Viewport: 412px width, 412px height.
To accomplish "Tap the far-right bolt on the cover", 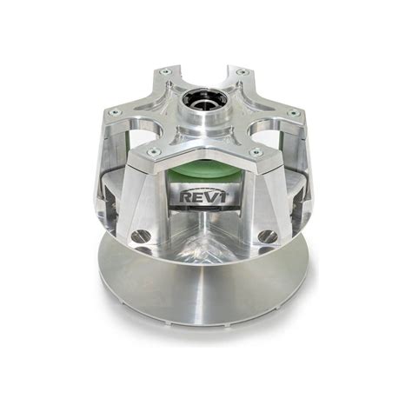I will coord(293,113).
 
